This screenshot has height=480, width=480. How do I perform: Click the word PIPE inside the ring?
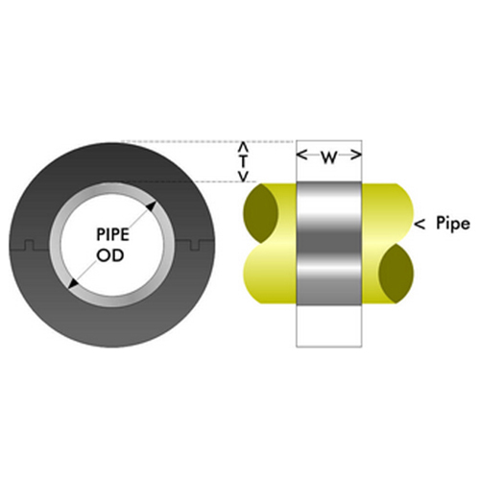click(x=113, y=234)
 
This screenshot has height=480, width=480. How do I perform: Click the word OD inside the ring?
click(x=110, y=255)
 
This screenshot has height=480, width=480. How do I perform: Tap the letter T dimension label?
click(x=244, y=162)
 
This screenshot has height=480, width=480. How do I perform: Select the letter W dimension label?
click(x=329, y=157)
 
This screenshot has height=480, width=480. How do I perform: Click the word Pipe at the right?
click(x=453, y=224)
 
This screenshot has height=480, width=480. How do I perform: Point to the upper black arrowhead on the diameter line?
click(x=151, y=206)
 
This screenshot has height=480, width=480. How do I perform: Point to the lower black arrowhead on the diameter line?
click(x=74, y=283)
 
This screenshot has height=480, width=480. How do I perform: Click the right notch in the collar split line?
click(x=195, y=245)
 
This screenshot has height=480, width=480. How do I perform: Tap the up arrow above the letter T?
click(x=244, y=147)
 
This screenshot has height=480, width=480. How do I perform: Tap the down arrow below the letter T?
click(x=244, y=177)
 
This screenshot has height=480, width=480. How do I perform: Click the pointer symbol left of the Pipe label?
click(x=420, y=225)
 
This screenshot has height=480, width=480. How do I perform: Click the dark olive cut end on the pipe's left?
click(x=260, y=213)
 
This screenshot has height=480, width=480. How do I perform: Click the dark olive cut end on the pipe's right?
click(x=396, y=274)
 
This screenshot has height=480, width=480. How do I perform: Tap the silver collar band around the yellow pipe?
click(x=329, y=243)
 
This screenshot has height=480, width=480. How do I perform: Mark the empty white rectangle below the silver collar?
click(x=329, y=325)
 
